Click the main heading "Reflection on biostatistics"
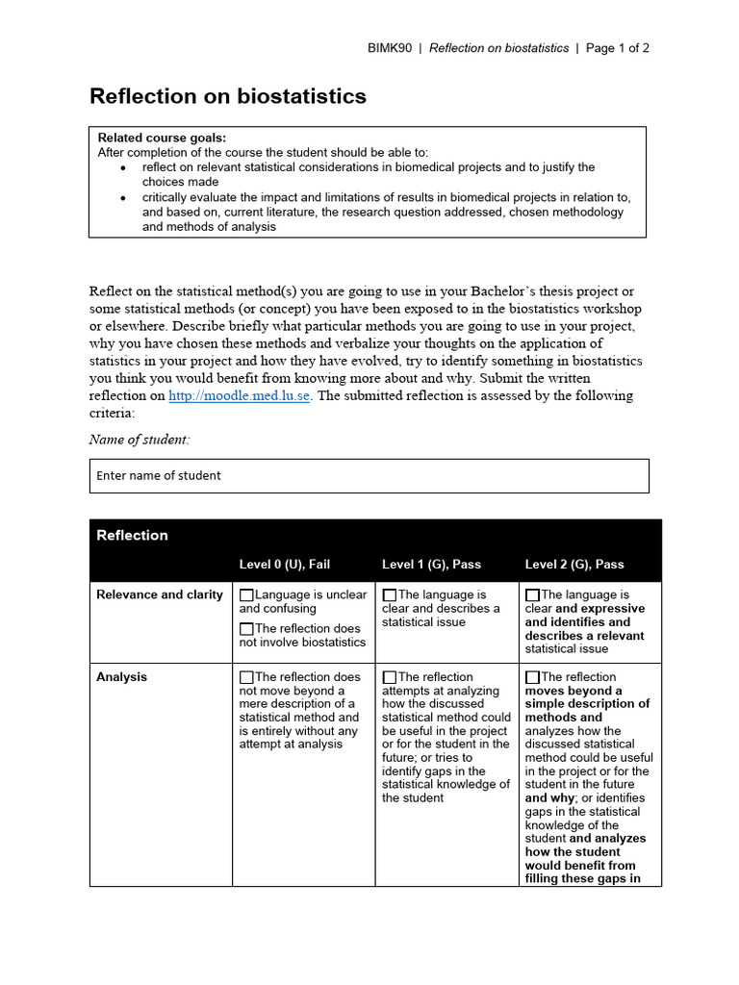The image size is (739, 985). point(228,96)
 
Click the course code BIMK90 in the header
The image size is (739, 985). point(389,48)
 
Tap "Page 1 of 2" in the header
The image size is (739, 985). point(618,48)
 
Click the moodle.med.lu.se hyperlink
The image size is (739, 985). point(239,395)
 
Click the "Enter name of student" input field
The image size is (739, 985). point(369,475)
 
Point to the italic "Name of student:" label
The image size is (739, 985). point(140,440)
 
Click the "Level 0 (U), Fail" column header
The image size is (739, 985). point(285,564)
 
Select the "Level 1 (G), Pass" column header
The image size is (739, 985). point(431,564)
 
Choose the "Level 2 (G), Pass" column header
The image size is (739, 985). point(574,564)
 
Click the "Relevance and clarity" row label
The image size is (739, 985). point(159,594)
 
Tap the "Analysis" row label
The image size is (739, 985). point(121,677)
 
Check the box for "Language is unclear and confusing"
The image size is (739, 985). point(247,595)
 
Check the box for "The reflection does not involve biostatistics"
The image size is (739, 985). point(247,629)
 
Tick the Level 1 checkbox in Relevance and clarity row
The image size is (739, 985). point(390,595)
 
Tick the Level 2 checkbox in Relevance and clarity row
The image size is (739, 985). point(533,595)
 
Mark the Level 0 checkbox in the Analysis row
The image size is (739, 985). point(247,677)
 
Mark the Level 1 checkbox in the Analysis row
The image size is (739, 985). point(390,677)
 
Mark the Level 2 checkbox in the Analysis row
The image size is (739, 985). point(533,677)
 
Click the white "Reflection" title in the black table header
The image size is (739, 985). point(132,536)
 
